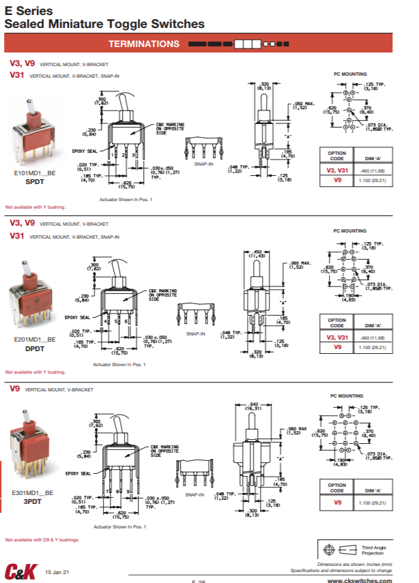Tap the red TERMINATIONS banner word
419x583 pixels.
(143, 44)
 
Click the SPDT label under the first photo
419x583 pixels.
(35, 182)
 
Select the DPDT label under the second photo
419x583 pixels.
(35, 348)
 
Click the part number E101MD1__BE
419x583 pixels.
(35, 175)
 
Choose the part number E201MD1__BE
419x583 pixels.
(35, 340)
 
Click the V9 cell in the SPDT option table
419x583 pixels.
(337, 181)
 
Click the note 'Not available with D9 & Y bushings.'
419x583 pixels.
(42, 539)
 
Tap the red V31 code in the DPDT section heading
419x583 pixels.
(17, 236)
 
